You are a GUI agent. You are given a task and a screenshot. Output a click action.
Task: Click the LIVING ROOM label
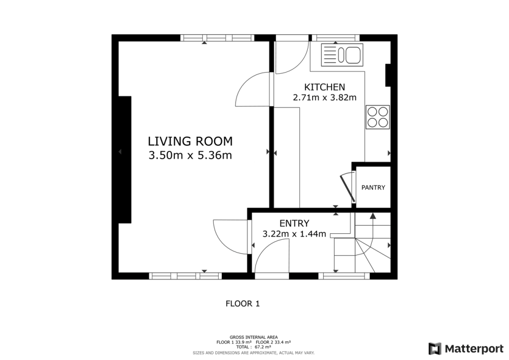[190, 141]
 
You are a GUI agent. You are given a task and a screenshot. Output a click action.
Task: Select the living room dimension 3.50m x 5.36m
[190, 155]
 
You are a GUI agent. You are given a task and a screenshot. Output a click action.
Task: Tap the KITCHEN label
[325, 87]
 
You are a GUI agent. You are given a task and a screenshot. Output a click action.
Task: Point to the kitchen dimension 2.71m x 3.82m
[325, 97]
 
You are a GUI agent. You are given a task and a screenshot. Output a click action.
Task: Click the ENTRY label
[294, 223]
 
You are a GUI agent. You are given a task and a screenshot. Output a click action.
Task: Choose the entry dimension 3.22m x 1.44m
[294, 234]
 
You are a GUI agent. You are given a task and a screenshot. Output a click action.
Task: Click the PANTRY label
[373, 187]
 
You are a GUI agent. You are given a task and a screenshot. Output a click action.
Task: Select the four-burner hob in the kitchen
[377, 117]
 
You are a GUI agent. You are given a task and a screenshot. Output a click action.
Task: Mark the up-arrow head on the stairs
[373, 216]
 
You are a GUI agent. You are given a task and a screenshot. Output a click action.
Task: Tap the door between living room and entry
[231, 236]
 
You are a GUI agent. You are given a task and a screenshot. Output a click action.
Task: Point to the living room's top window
[217, 38]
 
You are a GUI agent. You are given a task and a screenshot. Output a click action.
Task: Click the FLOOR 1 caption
[243, 303]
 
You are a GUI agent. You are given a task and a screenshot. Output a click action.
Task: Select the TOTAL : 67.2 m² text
[254, 347]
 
